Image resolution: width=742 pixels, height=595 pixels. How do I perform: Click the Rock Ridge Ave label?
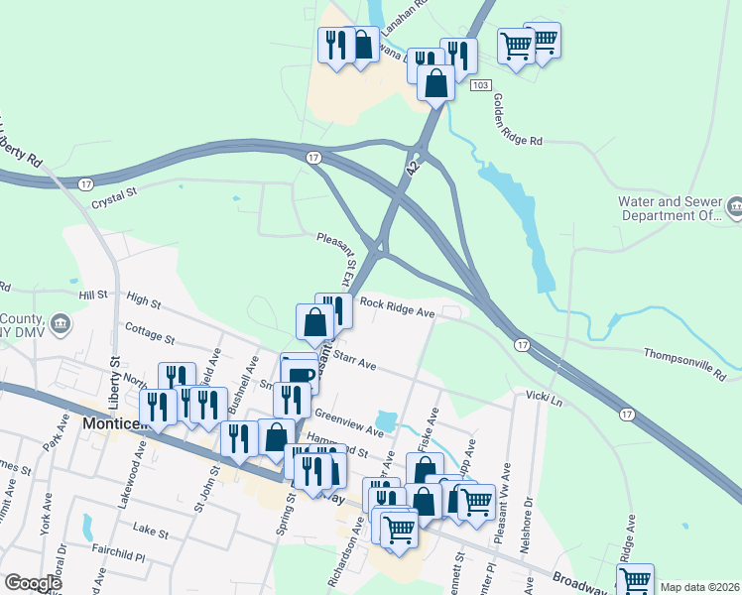(398, 307)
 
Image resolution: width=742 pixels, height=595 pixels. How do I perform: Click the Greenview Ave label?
(348, 422)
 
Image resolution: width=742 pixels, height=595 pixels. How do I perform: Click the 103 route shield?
(480, 87)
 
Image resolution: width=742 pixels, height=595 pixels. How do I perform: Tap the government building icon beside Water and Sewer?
(734, 207)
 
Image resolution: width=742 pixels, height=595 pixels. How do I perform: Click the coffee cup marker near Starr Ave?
(301, 372)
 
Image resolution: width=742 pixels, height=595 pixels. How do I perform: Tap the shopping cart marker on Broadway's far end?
(634, 578)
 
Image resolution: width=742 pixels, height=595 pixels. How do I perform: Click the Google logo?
(33, 583)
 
